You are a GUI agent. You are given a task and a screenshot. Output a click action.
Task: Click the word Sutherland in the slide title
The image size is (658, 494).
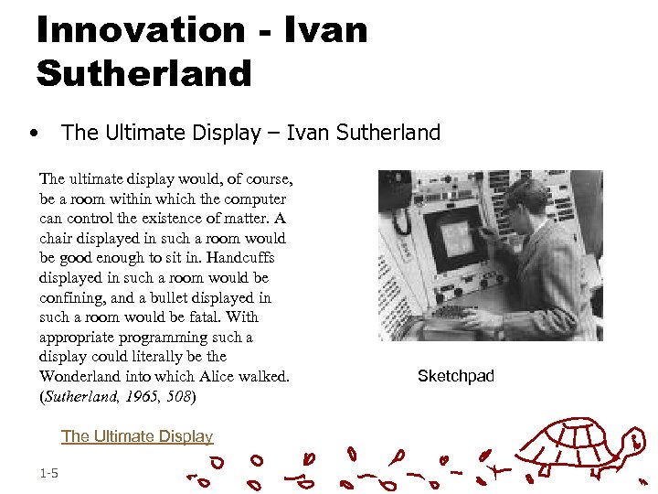(x=143, y=73)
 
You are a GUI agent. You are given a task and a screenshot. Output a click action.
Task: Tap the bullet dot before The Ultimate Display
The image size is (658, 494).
(x=33, y=133)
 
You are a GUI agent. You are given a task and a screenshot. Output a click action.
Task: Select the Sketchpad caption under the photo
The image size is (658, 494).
(x=455, y=376)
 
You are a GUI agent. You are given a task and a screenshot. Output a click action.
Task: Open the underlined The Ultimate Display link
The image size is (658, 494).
(x=137, y=436)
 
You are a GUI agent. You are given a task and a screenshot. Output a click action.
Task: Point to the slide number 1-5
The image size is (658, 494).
(x=49, y=473)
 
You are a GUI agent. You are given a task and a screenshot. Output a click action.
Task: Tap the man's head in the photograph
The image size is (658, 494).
(x=525, y=195)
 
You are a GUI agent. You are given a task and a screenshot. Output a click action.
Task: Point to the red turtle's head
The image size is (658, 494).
(x=632, y=442)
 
